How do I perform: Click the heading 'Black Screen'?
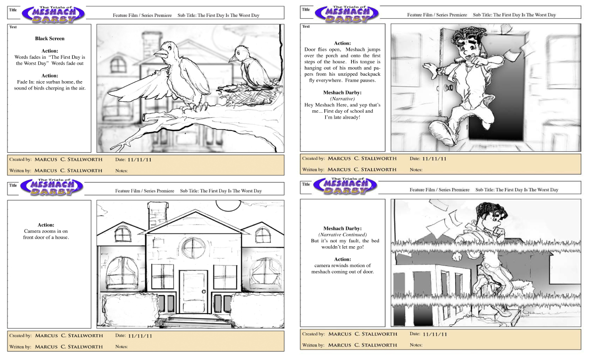pyautogui.click(x=50, y=39)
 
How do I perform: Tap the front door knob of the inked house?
pyautogui.click(x=204, y=292)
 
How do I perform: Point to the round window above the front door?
pyautogui.click(x=193, y=248)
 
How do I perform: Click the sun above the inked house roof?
pyautogui.click(x=228, y=205)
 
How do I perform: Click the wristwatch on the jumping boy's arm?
pyautogui.click(x=439, y=71)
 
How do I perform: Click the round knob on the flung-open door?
pyautogui.click(x=449, y=87)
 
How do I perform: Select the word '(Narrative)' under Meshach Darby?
pyautogui.click(x=342, y=99)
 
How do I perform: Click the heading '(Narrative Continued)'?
pyautogui.click(x=342, y=235)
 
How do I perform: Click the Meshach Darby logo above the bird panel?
pyautogui.click(x=53, y=14)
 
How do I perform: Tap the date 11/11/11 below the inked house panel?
pyautogui.click(x=140, y=336)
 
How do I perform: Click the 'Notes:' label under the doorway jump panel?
pyautogui.click(x=416, y=170)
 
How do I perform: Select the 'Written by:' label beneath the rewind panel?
pyautogui.click(x=313, y=345)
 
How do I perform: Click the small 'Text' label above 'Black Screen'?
pyautogui.click(x=13, y=27)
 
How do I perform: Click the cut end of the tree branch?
pyautogui.click(x=144, y=117)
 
